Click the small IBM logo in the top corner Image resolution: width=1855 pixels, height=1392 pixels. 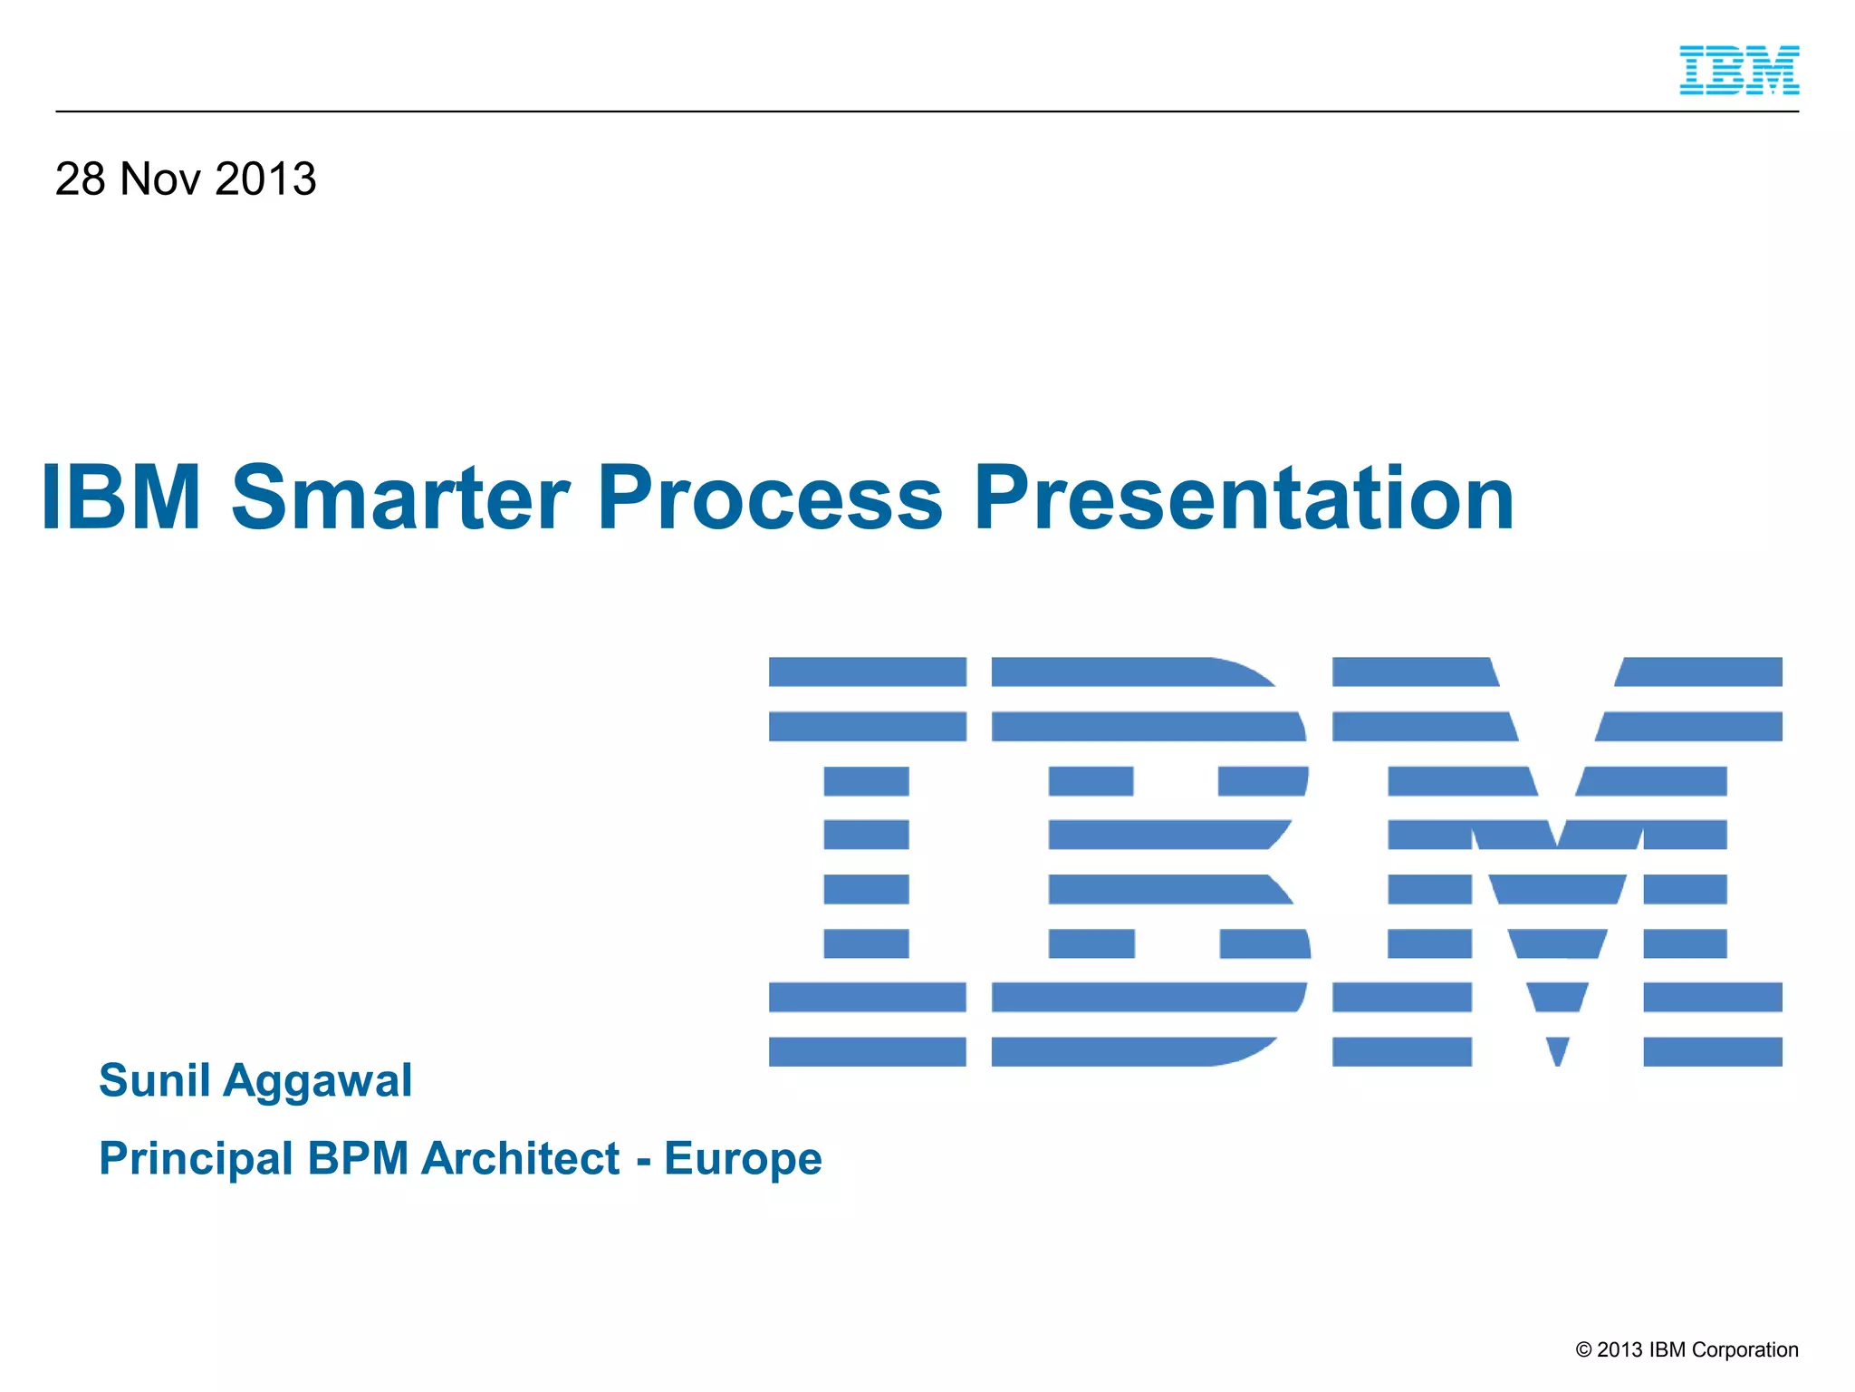1739,71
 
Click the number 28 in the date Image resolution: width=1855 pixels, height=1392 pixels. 80,179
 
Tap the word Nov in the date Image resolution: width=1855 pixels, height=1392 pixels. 160,179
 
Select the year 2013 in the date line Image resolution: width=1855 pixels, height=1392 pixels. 266,179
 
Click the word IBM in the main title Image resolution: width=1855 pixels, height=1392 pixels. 121,498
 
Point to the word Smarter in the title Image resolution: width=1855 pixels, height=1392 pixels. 400,498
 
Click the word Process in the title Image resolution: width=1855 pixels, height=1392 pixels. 770,498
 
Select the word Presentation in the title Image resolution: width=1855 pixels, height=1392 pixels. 1244,498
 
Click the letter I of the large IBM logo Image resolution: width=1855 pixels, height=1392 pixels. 867,861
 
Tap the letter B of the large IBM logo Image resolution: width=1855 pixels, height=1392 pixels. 1150,861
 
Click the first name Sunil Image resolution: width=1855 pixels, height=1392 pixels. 154,1080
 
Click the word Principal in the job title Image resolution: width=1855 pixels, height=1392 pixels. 196,1159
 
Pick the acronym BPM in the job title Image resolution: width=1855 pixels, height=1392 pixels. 359,1158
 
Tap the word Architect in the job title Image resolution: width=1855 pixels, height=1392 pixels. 521,1158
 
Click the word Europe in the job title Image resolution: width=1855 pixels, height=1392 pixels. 743,1159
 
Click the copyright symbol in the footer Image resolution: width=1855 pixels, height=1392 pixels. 1583,1350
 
